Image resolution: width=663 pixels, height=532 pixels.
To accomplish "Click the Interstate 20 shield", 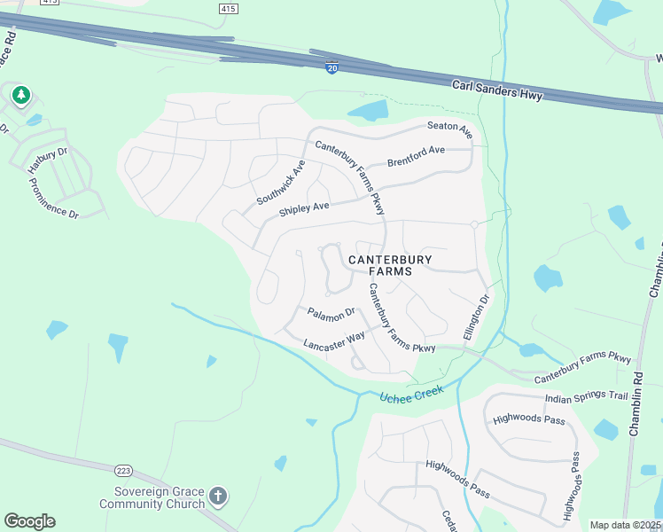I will pos(331,68).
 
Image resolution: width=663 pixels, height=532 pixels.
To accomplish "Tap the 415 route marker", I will pos(228,8).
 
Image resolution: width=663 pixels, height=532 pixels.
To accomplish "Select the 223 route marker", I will pos(122,468).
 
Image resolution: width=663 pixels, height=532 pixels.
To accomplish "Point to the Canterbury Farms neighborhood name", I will pos(390,265).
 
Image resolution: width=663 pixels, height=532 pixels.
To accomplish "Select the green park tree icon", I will pos(20,95).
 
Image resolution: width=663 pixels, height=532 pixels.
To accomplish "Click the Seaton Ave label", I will pos(450,129).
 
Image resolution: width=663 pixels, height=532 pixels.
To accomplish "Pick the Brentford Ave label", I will pos(416,157).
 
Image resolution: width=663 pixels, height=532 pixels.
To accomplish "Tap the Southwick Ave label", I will pos(281,183).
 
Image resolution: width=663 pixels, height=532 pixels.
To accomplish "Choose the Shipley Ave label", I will pos(304,209).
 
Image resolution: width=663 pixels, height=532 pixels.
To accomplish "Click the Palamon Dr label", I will pos(331,312).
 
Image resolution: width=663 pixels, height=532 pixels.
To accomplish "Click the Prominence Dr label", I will pos(54,199).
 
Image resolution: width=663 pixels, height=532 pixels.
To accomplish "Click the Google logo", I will pos(29,521).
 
